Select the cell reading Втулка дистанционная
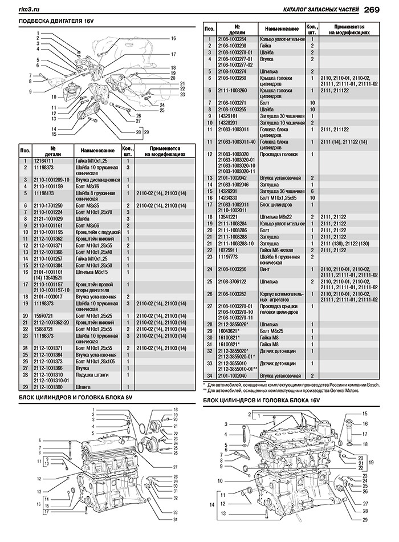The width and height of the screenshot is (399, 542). (x=97, y=180)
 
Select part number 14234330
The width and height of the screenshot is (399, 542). (x=232, y=197)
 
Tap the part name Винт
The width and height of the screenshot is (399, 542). (x=266, y=268)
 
